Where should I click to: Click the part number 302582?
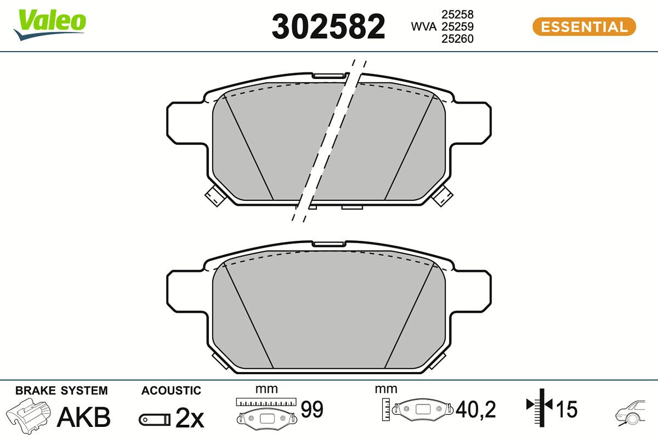[328, 27]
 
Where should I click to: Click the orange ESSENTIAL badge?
[584, 26]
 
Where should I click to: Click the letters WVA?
[424, 26]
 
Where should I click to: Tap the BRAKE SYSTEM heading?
[61, 391]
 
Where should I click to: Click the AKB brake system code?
[84, 417]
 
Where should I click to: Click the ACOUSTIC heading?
[171, 391]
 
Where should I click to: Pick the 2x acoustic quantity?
[190, 419]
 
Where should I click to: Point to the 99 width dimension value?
[312, 409]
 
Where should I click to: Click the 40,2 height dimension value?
[475, 409]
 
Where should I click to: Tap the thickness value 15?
[567, 409]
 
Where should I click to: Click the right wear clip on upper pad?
[443, 195]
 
